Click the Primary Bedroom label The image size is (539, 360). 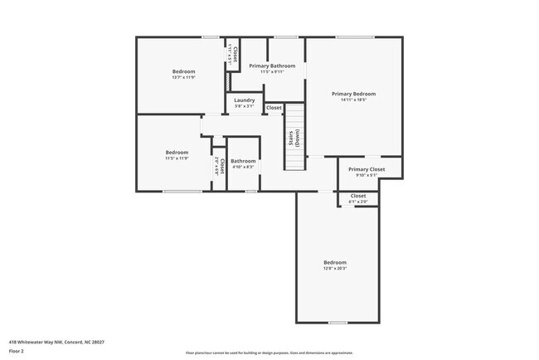coord(354,94)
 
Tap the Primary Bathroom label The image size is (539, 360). coord(272,66)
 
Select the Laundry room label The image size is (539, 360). coord(244,100)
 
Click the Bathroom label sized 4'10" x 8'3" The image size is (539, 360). coord(243,161)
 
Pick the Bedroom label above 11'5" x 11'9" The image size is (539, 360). coord(177,152)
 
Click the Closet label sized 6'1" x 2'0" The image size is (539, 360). coord(357,196)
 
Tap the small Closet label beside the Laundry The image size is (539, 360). coord(274,108)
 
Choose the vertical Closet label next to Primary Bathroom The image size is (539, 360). coord(235,54)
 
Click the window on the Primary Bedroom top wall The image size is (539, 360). coord(354,37)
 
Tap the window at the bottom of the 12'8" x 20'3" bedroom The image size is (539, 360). coord(337,322)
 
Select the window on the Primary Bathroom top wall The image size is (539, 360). coord(286,37)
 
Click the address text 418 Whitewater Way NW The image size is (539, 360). coord(56,342)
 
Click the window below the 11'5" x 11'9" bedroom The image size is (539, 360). coord(182,192)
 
